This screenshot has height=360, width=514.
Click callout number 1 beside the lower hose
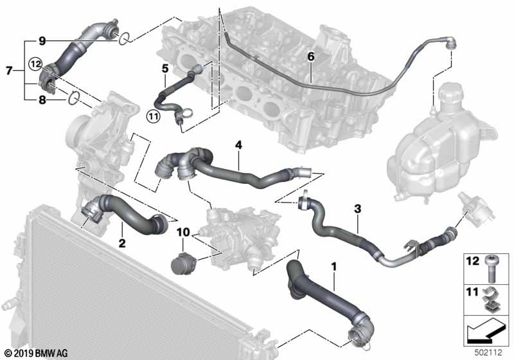coord(333,265)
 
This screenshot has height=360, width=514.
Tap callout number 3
coord(357,208)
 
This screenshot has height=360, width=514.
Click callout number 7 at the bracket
coord(8,69)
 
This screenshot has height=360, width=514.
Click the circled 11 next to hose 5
coord(153,116)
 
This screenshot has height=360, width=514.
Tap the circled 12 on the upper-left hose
coord(34,63)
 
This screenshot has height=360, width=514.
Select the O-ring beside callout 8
coord(74,98)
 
